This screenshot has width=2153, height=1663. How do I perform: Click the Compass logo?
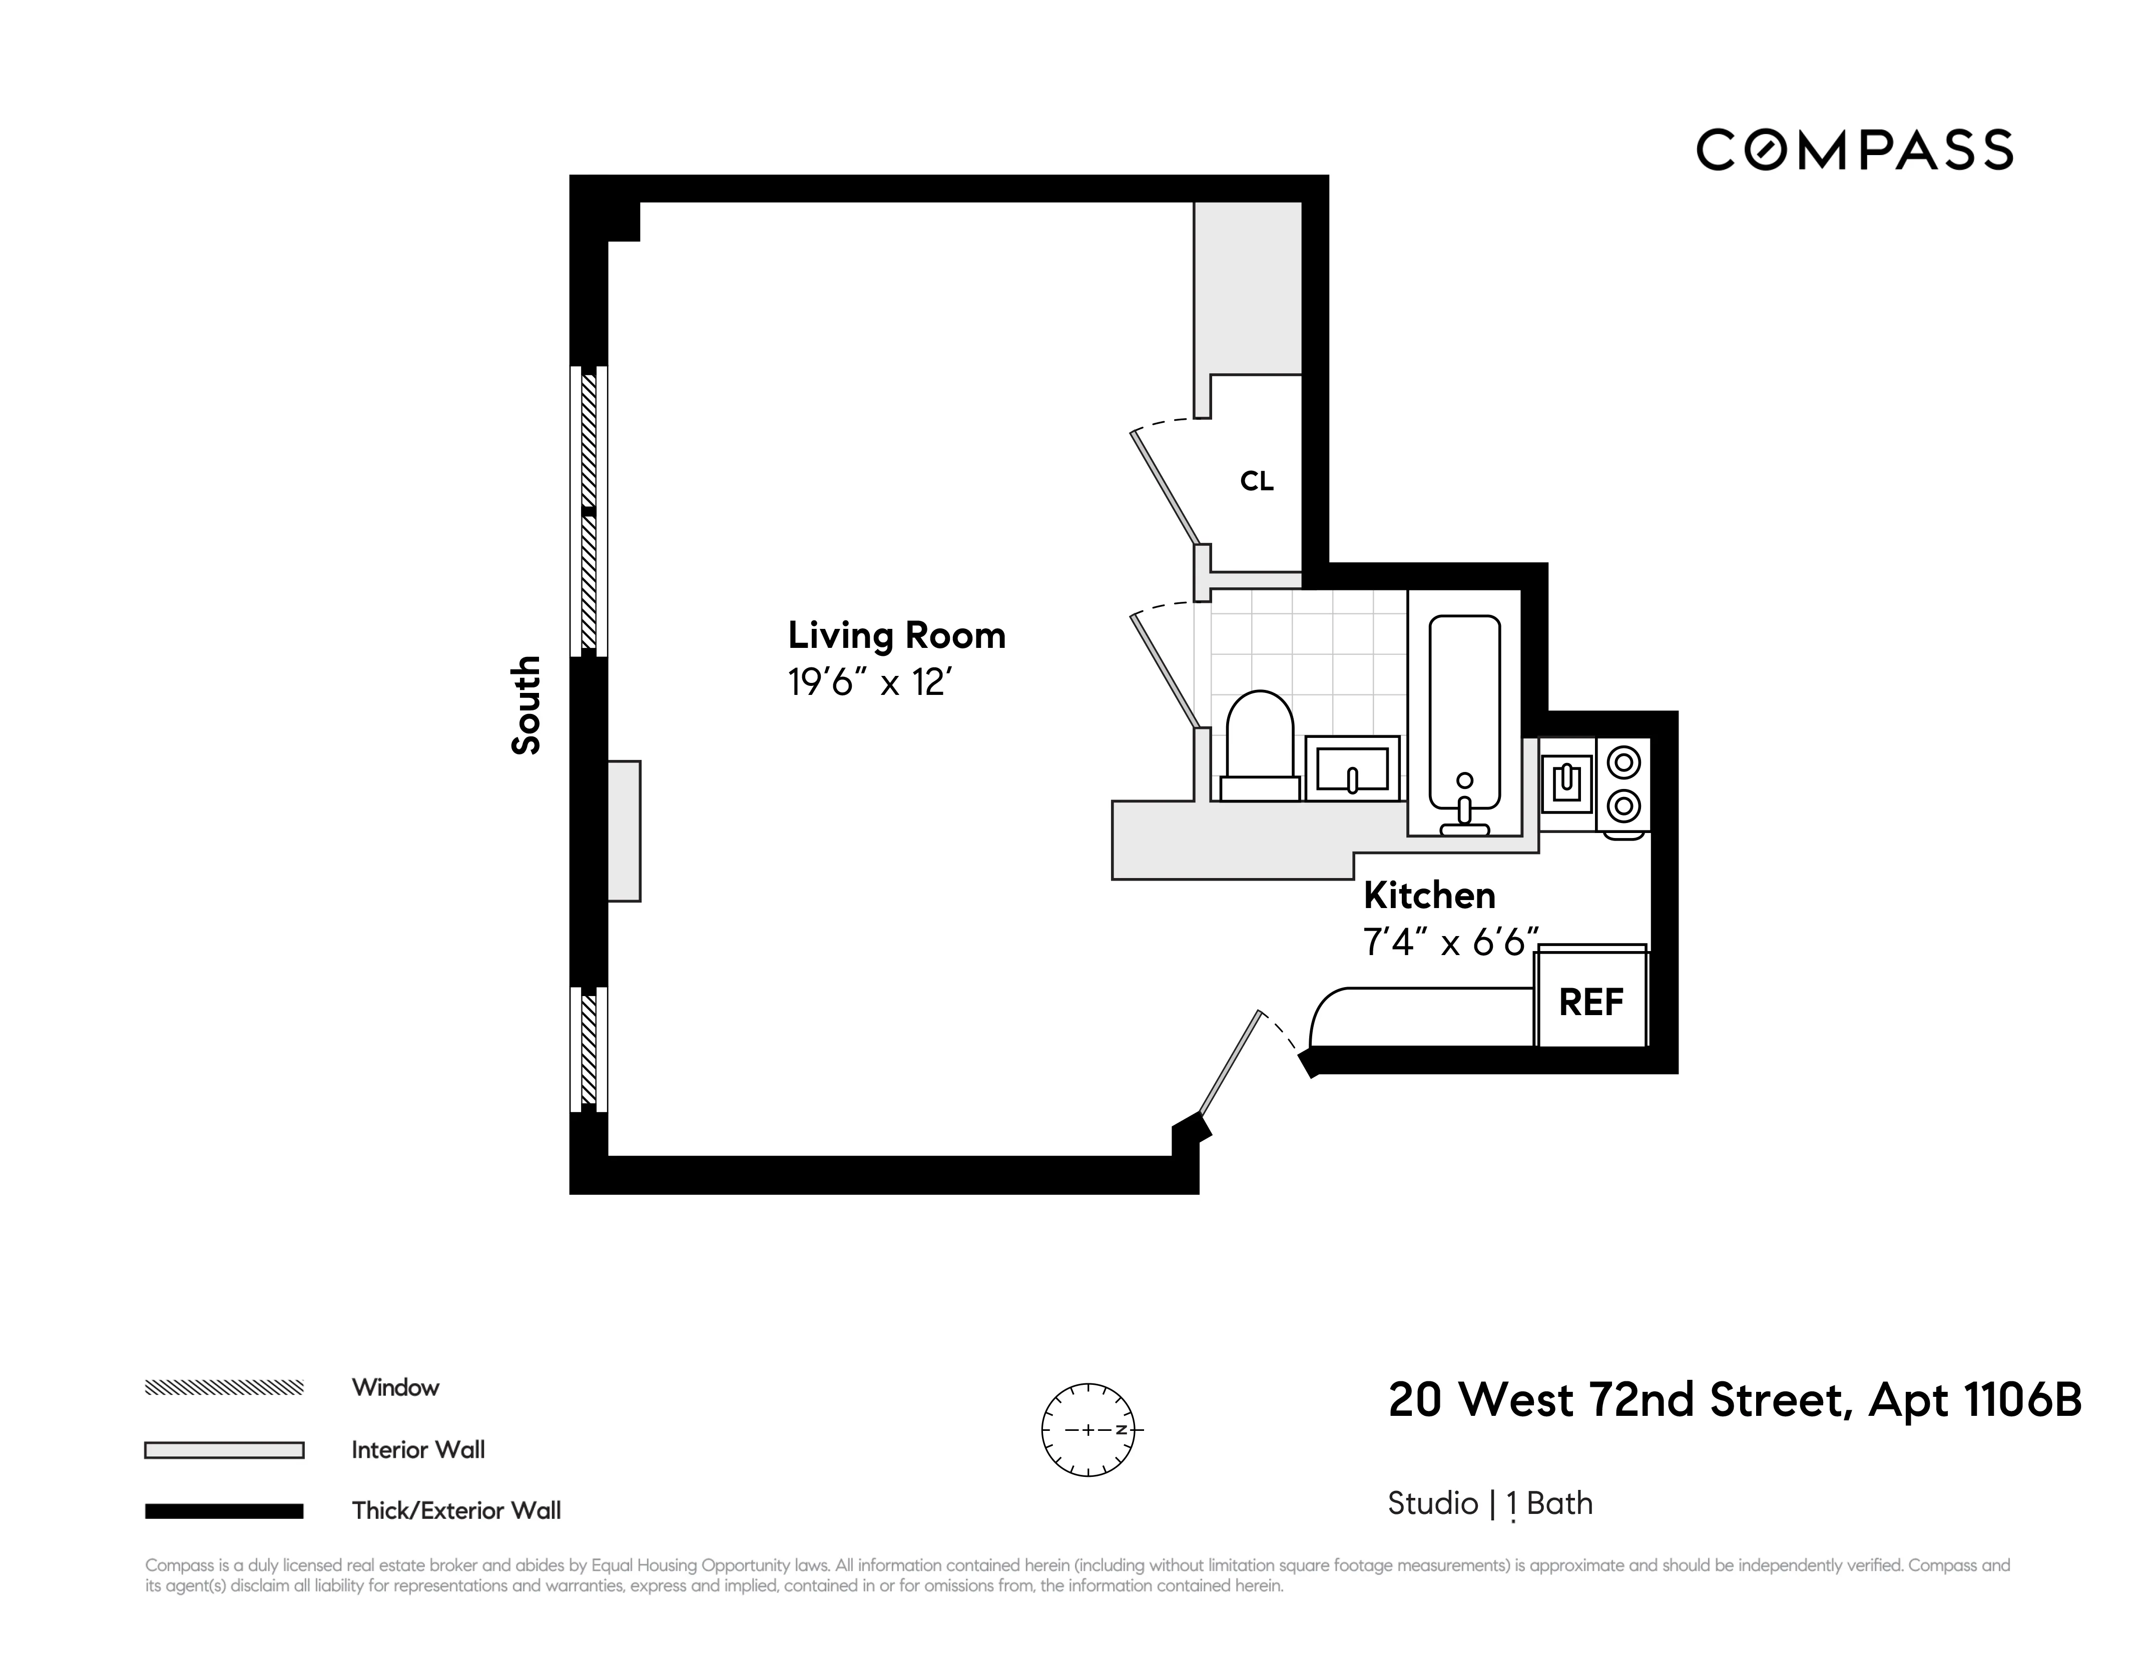point(1853,150)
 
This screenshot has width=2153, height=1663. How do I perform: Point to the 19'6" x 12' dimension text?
point(868,682)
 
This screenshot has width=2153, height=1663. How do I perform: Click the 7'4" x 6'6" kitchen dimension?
point(1449,944)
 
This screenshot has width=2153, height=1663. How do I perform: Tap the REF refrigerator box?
point(1590,1003)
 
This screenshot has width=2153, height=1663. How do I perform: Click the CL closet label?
point(1256,481)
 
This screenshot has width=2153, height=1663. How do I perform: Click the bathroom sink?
point(1352,769)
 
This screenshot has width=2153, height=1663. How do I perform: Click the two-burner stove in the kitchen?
point(1623,784)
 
